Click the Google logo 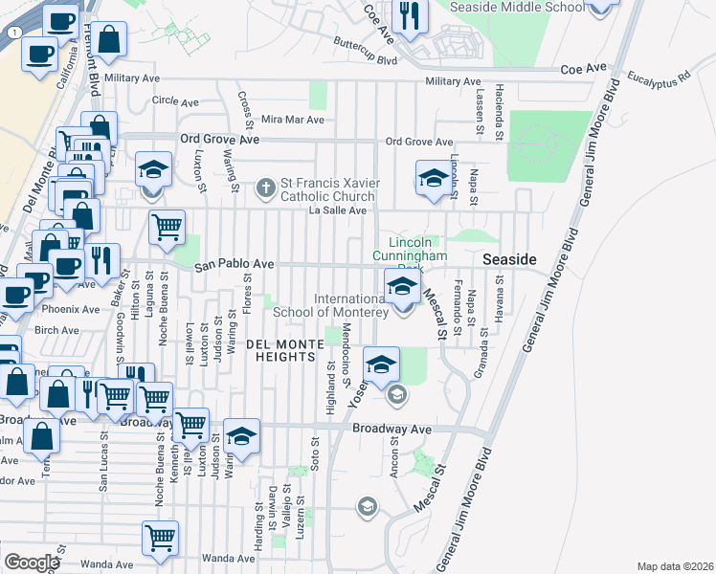click(32, 563)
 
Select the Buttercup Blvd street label click(365, 52)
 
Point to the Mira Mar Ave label click(292, 120)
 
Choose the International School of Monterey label click(331, 305)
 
